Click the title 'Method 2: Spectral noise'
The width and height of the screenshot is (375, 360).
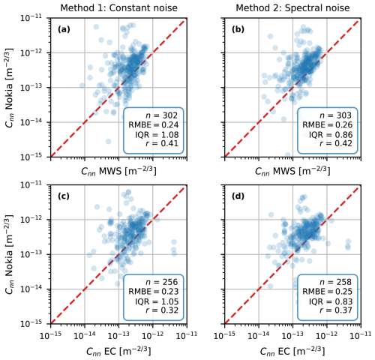click(x=292, y=7)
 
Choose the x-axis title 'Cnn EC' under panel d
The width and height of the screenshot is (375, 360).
click(x=292, y=351)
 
